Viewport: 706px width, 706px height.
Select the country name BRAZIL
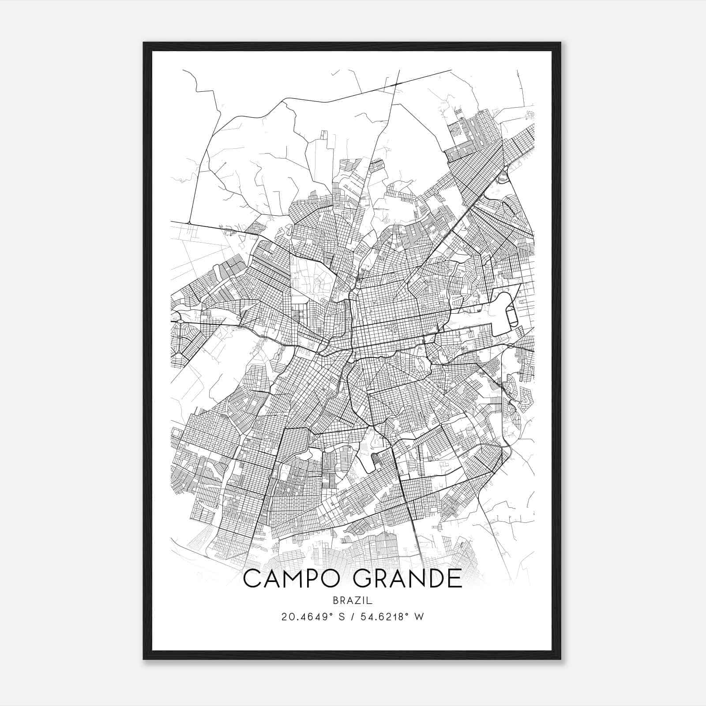pos(353,601)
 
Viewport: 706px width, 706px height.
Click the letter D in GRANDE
pos(430,578)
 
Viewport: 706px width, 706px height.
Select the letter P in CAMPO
pos(314,578)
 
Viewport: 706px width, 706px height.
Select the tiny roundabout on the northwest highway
pos(189,223)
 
